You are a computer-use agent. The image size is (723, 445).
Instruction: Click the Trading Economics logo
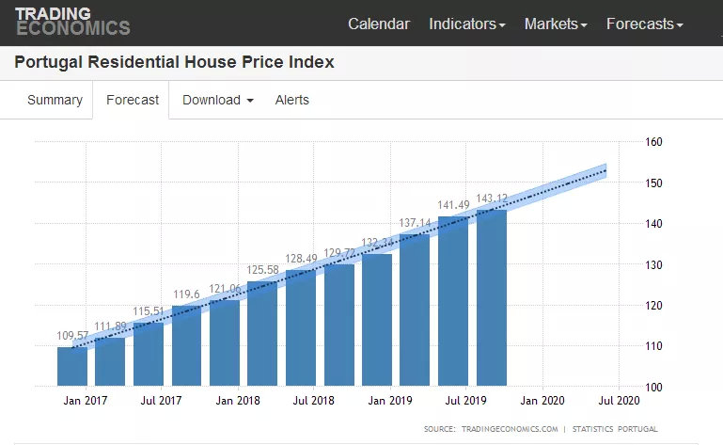pos(71,21)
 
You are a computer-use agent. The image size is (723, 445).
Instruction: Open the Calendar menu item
pos(379,24)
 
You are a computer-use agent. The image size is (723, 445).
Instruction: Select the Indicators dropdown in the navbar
pos(466,24)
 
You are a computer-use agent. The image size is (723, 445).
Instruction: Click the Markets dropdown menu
pos(556,24)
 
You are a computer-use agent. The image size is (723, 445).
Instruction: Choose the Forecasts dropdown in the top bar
pos(644,24)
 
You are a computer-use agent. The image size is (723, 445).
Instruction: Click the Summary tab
pos(55,100)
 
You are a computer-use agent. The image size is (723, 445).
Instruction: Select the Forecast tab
pos(132,100)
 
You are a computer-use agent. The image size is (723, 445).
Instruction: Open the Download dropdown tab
pos(218,100)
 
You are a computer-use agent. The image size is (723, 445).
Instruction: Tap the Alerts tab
pos(291,100)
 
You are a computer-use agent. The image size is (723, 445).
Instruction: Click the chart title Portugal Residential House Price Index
pos(174,63)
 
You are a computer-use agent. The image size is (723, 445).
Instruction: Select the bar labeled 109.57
pos(72,367)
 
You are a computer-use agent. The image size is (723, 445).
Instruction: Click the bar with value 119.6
pos(186,345)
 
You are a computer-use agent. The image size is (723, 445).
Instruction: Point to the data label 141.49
pos(453,205)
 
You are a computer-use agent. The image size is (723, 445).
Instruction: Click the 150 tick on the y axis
pos(654,183)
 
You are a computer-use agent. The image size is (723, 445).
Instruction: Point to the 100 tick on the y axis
pos(654,387)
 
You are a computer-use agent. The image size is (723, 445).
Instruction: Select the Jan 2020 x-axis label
pos(543,401)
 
